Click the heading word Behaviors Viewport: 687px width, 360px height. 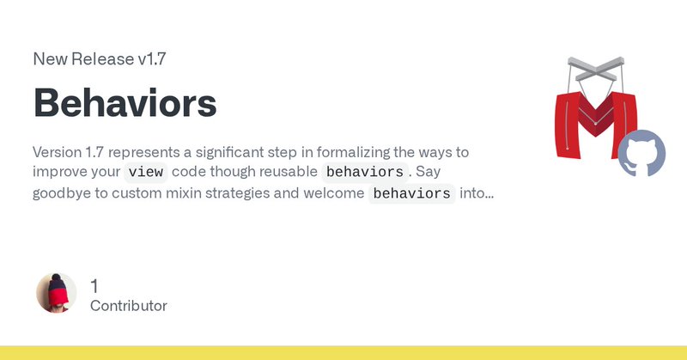(125, 103)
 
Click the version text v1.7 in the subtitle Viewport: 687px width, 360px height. (152, 58)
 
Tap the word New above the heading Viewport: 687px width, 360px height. (50, 58)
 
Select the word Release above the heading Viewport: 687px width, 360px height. (102, 58)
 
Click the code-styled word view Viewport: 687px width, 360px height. (145, 172)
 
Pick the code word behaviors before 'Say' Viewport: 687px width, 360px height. (364, 172)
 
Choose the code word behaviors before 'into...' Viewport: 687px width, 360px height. (412, 193)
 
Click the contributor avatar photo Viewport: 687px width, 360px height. (57, 293)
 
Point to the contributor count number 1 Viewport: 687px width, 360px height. (94, 286)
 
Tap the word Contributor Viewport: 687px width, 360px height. (128, 306)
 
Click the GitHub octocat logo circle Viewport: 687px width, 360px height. (641, 153)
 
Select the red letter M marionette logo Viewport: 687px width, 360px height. (596, 125)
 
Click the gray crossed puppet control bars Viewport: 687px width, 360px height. (595, 69)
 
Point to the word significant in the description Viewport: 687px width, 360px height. (222, 152)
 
